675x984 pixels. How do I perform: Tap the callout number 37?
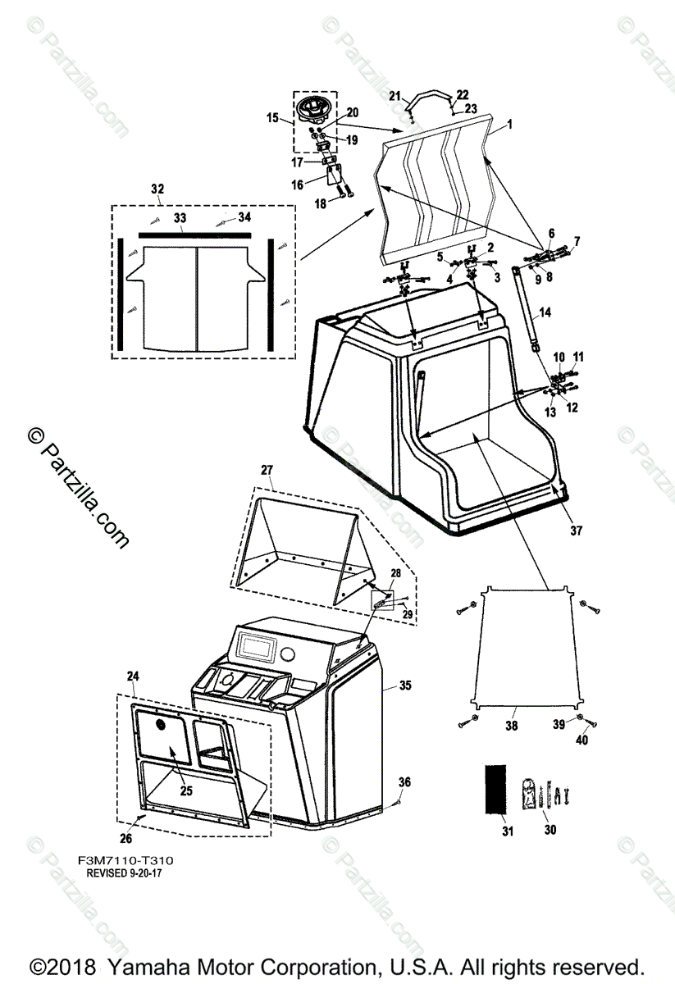tap(576, 531)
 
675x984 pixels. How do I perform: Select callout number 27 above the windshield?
tap(267, 470)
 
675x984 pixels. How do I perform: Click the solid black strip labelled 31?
tap(494, 790)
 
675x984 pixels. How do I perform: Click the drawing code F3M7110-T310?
tap(125, 860)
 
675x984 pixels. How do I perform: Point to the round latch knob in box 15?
tap(317, 106)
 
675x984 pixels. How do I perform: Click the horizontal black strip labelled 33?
tap(195, 234)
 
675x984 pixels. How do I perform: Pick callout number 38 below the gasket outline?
tap(512, 727)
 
